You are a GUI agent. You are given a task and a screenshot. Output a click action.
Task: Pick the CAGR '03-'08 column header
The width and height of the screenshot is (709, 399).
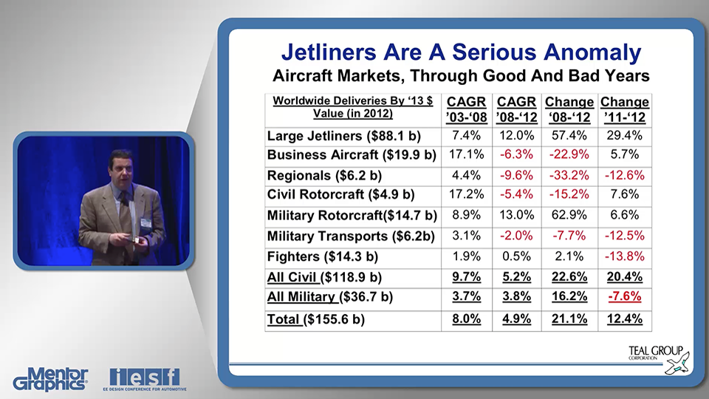click(x=466, y=109)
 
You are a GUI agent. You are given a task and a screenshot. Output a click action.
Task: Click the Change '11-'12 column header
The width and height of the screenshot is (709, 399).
click(x=624, y=109)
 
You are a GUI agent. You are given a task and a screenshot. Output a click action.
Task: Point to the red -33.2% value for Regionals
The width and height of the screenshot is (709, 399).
click(x=569, y=175)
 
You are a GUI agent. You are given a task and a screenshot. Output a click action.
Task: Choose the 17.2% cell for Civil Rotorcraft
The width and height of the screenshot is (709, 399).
click(x=466, y=195)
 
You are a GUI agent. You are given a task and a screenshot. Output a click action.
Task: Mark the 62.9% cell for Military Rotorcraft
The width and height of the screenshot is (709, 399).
click(x=569, y=216)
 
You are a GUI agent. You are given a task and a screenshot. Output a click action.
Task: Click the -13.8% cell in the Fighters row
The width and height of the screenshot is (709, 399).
click(x=624, y=256)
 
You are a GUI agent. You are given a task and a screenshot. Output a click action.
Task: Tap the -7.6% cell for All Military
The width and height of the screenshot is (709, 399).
click(x=624, y=297)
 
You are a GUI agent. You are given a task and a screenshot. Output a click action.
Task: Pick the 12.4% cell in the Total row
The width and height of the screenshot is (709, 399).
click(x=624, y=319)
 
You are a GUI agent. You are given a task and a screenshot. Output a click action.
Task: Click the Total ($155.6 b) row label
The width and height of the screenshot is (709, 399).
click(x=316, y=319)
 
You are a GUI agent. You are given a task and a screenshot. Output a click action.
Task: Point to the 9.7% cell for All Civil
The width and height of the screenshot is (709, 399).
click(x=466, y=277)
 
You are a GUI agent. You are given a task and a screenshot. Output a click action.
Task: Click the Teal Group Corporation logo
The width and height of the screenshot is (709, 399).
click(x=656, y=358)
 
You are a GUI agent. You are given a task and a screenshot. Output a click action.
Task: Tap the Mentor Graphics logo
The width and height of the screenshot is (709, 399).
click(x=50, y=378)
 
